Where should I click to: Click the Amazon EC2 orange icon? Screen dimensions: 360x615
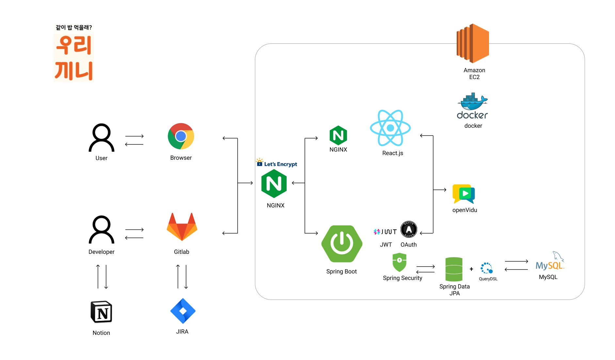pyautogui.click(x=473, y=43)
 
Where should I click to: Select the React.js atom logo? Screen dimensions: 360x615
pyautogui.click(x=390, y=128)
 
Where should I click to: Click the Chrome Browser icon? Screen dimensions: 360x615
pyautogui.click(x=181, y=136)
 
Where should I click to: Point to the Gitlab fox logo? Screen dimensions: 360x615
pyautogui.click(x=182, y=227)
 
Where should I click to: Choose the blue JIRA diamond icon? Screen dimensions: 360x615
pyautogui.click(x=183, y=311)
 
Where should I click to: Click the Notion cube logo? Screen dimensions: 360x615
pyautogui.click(x=101, y=312)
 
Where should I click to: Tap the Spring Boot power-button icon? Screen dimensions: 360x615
pyautogui.click(x=342, y=244)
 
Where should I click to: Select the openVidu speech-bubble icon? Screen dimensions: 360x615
pyautogui.click(x=464, y=194)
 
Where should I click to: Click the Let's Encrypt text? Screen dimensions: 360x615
pyautogui.click(x=280, y=164)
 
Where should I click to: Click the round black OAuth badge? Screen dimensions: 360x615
pyautogui.click(x=409, y=229)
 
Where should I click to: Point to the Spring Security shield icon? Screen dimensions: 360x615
pyautogui.click(x=399, y=262)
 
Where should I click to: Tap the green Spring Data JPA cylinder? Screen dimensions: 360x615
pyautogui.click(x=454, y=269)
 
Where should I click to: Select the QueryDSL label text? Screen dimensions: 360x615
pyautogui.click(x=488, y=279)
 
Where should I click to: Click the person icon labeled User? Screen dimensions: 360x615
pyautogui.click(x=102, y=138)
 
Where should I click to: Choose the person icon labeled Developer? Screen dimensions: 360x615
pyautogui.click(x=102, y=230)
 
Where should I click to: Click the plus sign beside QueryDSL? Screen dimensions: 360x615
pyautogui.click(x=471, y=269)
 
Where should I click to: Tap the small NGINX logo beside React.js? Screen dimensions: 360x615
pyautogui.click(x=338, y=135)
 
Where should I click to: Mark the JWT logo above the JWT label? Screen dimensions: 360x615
pyautogui.click(x=385, y=232)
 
